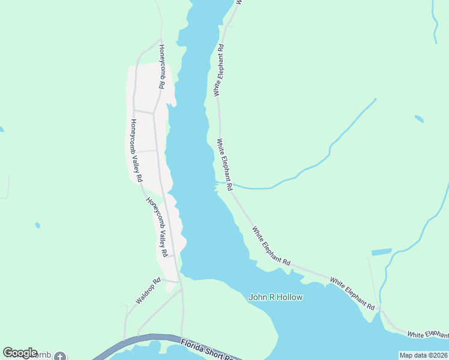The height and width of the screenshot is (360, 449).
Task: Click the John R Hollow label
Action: (x=276, y=297)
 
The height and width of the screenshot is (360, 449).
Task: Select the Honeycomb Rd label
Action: (x=161, y=67)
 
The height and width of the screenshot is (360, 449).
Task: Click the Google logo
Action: (x=20, y=353)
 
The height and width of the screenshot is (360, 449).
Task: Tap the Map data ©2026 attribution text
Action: (x=423, y=355)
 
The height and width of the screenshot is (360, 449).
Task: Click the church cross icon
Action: (x=59, y=356)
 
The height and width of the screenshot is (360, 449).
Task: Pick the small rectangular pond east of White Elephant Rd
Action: (x=381, y=252)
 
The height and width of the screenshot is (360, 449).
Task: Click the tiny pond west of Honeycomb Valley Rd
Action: (x=38, y=226)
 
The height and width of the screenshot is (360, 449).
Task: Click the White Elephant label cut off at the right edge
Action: (x=427, y=334)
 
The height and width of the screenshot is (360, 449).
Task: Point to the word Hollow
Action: (x=289, y=297)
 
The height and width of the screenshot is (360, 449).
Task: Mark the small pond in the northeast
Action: (x=418, y=119)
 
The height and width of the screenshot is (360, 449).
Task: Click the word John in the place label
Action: (x=257, y=297)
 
